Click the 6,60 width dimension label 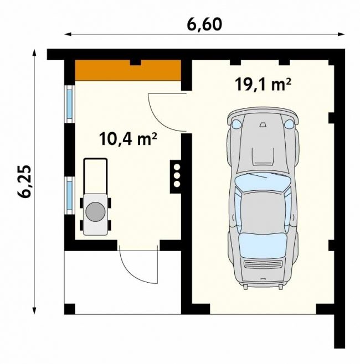(204, 24)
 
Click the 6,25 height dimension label (24, 181)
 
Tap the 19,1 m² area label (263, 84)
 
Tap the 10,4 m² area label (128, 139)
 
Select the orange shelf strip (128, 70)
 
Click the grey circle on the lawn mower (95, 212)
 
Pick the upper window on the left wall (69, 104)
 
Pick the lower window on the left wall (69, 195)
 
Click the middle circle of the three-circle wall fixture (177, 175)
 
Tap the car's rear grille (263, 264)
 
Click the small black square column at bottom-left (69, 309)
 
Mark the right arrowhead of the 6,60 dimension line (341, 34)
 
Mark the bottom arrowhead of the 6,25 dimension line (34, 310)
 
